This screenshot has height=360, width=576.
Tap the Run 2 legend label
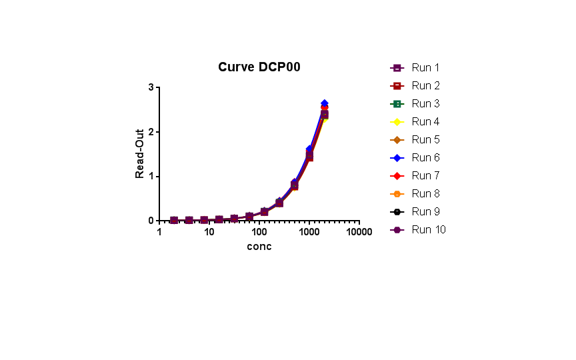(425, 86)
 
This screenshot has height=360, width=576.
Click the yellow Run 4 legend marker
(397, 122)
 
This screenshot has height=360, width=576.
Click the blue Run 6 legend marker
(397, 158)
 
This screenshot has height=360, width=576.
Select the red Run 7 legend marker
(397, 176)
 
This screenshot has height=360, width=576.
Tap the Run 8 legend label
(425, 194)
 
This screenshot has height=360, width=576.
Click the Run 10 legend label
(428, 230)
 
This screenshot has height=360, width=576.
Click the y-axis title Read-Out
(140, 153)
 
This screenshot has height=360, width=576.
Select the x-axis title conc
(259, 247)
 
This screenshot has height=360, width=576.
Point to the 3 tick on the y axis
(151, 87)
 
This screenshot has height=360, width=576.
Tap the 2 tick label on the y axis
(151, 132)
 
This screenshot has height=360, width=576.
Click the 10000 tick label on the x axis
(359, 232)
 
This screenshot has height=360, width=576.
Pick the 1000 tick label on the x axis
(309, 232)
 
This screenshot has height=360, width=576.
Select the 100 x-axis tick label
(259, 232)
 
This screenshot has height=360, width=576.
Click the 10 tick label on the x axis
(209, 232)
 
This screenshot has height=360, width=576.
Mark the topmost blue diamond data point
(324, 103)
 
